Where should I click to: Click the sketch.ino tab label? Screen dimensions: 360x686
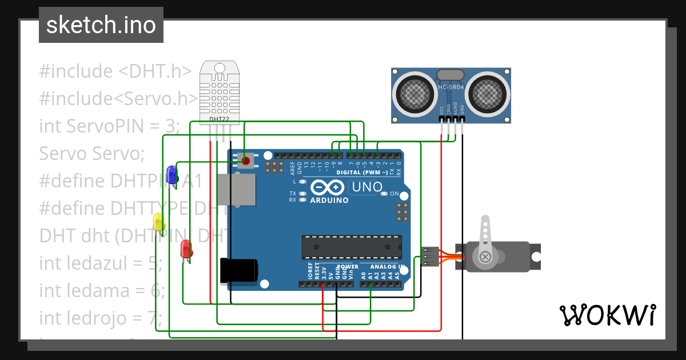tap(101, 25)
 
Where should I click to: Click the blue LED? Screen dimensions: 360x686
tap(171, 174)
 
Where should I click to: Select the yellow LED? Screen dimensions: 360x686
tap(159, 222)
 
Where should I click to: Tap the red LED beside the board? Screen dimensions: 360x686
tap(186, 249)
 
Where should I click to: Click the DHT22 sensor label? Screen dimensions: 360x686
tap(216, 119)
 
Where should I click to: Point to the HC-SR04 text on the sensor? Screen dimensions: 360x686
tap(450, 87)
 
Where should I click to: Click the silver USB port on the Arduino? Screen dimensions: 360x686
tap(236, 189)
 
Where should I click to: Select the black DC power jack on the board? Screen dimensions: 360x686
tap(238, 270)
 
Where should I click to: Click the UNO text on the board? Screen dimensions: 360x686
tap(366, 187)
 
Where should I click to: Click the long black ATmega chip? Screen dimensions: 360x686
tap(352, 247)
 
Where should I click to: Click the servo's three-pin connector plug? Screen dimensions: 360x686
tap(430, 257)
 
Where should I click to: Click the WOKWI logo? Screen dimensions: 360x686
tap(607, 315)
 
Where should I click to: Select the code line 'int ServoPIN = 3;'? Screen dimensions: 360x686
tap(109, 126)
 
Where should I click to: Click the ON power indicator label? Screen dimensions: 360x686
tap(394, 194)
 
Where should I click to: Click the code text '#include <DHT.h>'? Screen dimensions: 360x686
tap(115, 71)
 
